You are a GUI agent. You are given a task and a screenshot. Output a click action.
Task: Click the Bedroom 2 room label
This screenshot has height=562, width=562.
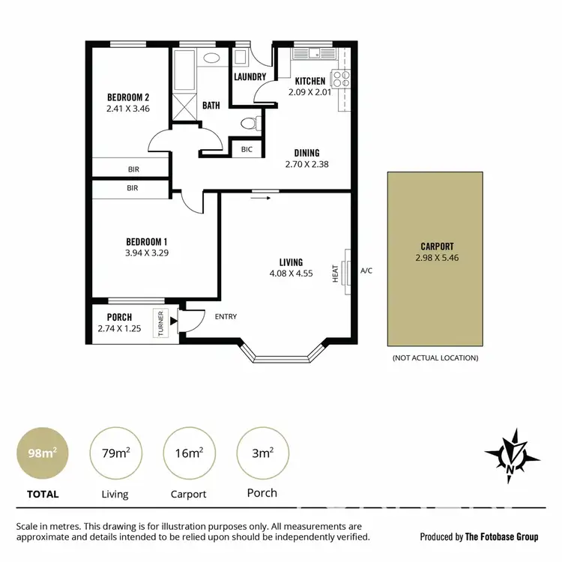(x=128, y=97)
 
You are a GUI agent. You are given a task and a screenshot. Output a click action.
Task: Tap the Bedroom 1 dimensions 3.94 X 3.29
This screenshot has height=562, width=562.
(x=147, y=253)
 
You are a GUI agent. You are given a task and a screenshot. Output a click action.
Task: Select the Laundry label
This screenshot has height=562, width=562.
(x=250, y=76)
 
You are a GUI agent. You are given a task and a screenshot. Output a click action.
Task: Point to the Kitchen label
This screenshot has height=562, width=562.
(x=309, y=81)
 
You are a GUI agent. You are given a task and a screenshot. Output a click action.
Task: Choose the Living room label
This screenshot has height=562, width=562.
(x=291, y=262)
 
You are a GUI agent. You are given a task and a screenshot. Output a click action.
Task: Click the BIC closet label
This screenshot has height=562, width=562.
(x=247, y=150)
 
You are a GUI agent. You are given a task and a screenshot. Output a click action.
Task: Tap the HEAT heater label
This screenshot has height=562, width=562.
(x=336, y=271)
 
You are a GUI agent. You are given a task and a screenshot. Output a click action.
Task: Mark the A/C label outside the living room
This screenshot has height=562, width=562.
(x=366, y=271)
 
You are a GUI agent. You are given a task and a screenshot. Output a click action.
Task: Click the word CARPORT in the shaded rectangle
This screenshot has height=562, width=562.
(x=437, y=246)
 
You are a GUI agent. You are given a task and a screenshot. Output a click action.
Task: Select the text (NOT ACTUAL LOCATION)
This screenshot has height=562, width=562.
(x=435, y=358)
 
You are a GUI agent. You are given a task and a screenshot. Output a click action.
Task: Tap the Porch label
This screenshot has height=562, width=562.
(x=119, y=318)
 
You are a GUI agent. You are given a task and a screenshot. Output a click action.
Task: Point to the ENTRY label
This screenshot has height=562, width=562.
(x=226, y=317)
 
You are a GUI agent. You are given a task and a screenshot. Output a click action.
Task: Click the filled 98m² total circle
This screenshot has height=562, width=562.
(x=41, y=453)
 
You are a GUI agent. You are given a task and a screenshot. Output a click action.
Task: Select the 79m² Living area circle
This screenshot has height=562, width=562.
(x=115, y=453)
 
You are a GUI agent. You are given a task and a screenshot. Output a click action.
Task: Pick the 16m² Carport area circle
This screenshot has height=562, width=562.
(x=188, y=453)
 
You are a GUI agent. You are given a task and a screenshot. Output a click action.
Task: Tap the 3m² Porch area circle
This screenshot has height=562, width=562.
(x=262, y=453)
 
